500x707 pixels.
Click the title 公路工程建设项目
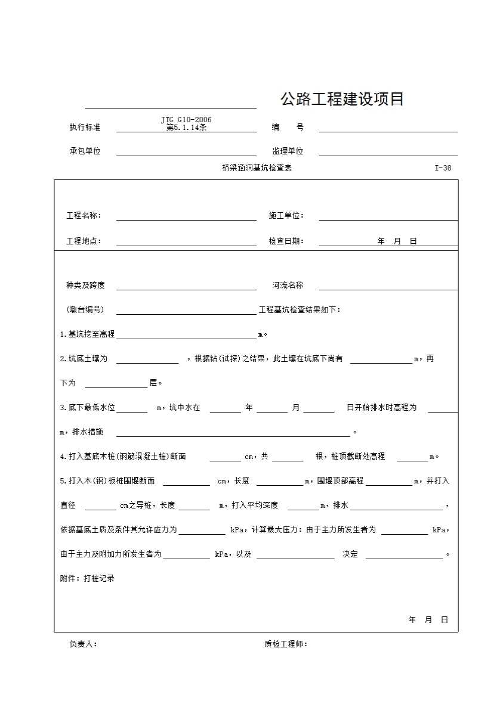tap(342, 99)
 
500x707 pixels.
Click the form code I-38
tap(443, 168)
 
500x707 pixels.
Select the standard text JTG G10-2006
tap(186, 120)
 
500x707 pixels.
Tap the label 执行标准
tap(85, 128)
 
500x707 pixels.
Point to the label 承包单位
tap(85, 151)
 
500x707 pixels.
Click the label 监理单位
tap(288, 151)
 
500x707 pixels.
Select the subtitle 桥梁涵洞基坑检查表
tap(257, 168)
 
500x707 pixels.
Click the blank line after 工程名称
tap(186, 219)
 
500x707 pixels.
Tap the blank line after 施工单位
tap(388, 219)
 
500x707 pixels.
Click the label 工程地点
tap(84, 241)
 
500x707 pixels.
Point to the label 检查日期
tap(286, 241)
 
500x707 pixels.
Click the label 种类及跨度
tap(85, 286)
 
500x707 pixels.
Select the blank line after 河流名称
tap(388, 289)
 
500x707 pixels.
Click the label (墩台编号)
tap(85, 310)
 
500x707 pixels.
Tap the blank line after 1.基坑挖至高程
tap(186, 337)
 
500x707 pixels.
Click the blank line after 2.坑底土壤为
tap(147, 362)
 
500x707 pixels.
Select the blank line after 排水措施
tap(233, 435)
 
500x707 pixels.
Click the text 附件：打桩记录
tap(87, 578)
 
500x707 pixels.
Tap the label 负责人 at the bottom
tap(84, 644)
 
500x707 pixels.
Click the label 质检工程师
tap(286, 644)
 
